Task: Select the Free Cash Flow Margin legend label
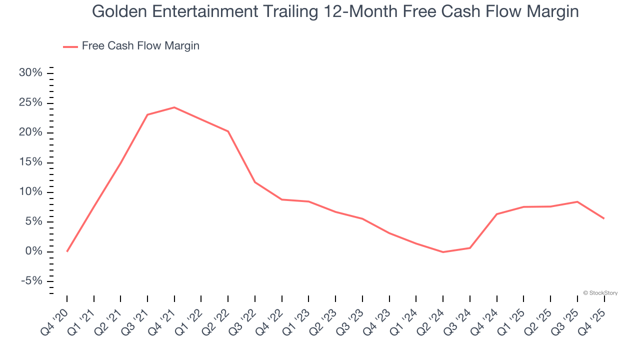[x=140, y=46]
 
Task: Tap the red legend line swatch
[x=70, y=46]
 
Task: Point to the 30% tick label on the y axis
[x=30, y=73]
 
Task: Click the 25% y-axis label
[x=30, y=103]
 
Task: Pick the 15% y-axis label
[x=30, y=162]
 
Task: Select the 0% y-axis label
[x=33, y=251]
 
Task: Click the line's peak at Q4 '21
[x=174, y=107]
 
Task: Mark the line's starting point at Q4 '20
[x=67, y=251]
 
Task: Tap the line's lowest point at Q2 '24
[x=443, y=252]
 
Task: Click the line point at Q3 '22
[x=255, y=182]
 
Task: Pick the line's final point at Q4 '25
[x=604, y=218]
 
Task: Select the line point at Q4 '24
[x=497, y=214]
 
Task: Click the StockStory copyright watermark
[x=600, y=293]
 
